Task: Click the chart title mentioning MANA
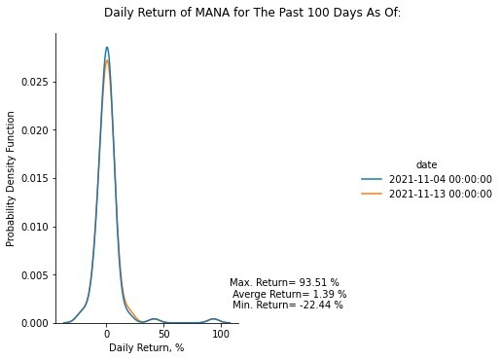coord(252,13)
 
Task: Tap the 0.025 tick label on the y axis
coord(34,82)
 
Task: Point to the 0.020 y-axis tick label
coord(34,130)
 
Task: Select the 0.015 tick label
coord(34,179)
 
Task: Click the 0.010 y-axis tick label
coord(34,227)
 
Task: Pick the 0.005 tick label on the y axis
coord(34,275)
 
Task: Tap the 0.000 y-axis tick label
coord(34,323)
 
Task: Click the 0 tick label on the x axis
coord(107,334)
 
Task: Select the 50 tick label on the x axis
coord(164,334)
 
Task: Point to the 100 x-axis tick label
coord(221,334)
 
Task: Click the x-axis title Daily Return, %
coord(147,348)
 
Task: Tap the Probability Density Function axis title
coord(11,179)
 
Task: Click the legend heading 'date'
coord(426,164)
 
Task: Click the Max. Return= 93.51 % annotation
coord(284,282)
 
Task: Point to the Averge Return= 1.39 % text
coord(290,294)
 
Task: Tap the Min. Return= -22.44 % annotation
coord(288,305)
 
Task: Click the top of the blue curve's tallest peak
coord(107,48)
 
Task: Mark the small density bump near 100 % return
coord(213,319)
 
